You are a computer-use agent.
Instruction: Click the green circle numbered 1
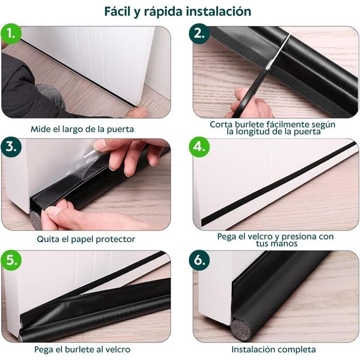(x=11, y=34)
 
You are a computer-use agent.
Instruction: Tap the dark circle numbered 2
(x=199, y=34)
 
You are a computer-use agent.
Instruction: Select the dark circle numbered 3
(x=11, y=147)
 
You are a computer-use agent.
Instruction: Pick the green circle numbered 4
(x=199, y=147)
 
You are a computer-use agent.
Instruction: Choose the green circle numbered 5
(x=11, y=261)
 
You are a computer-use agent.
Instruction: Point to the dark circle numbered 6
(x=199, y=261)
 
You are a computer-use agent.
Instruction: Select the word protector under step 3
(x=115, y=239)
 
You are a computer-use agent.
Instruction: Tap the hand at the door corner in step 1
(x=137, y=112)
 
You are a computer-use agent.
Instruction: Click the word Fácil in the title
(x=117, y=12)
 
